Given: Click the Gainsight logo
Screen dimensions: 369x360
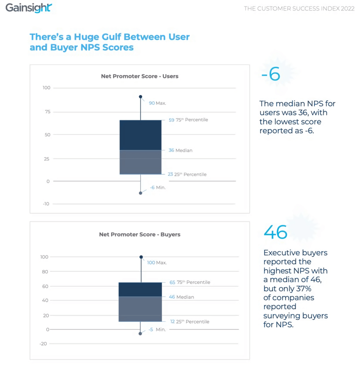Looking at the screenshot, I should pos(29,8).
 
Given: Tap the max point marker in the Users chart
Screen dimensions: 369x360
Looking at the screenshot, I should pos(140,97).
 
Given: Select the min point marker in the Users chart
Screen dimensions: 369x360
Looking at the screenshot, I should pos(140,193).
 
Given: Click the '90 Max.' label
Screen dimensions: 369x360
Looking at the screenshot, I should pos(157,103).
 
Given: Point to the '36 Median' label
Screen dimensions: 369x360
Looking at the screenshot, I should pos(180,150).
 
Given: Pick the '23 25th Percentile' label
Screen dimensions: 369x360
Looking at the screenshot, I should pos(187,174).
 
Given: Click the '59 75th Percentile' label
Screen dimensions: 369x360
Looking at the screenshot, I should pos(188,120).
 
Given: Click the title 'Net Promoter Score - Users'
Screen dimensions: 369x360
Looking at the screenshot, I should pos(140,76).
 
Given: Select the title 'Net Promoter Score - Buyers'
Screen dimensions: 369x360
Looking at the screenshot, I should pos(140,235).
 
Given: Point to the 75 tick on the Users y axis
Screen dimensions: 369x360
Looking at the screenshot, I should pos(46,112).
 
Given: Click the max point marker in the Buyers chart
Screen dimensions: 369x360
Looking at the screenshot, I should pos(141,257).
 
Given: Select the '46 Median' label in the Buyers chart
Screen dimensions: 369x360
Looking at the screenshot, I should pos(181,297).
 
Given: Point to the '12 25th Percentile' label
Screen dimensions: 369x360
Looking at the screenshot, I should pos(189,322).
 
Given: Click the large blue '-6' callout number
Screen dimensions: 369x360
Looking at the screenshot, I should pos(270,75).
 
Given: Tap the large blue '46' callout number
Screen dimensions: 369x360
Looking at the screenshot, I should pos(275,232).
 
